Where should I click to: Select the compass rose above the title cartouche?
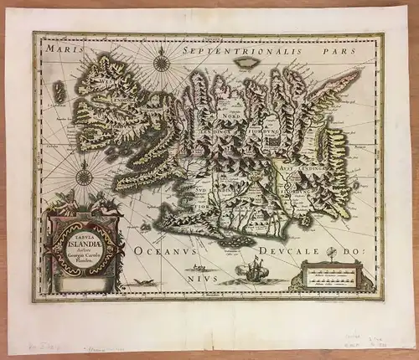[x=84, y=177]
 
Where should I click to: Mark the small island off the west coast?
[x=57, y=90]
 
